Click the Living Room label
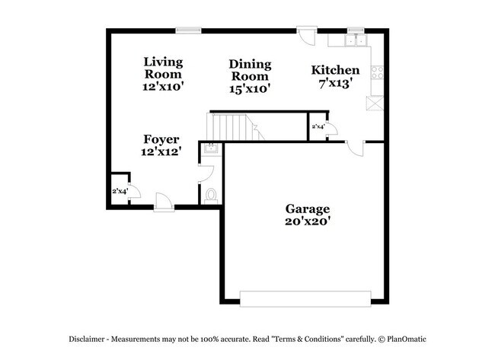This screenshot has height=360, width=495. (163, 68)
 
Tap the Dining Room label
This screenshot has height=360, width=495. (250, 70)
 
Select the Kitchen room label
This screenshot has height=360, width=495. (335, 71)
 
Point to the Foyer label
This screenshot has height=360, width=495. (161, 139)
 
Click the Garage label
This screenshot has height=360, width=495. (307, 208)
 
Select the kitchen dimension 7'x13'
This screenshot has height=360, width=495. (335, 84)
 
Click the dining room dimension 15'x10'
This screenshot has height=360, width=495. (250, 89)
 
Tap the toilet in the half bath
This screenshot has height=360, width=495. (211, 195)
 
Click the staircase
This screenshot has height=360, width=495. (232, 126)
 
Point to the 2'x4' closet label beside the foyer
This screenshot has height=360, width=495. (120, 190)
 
